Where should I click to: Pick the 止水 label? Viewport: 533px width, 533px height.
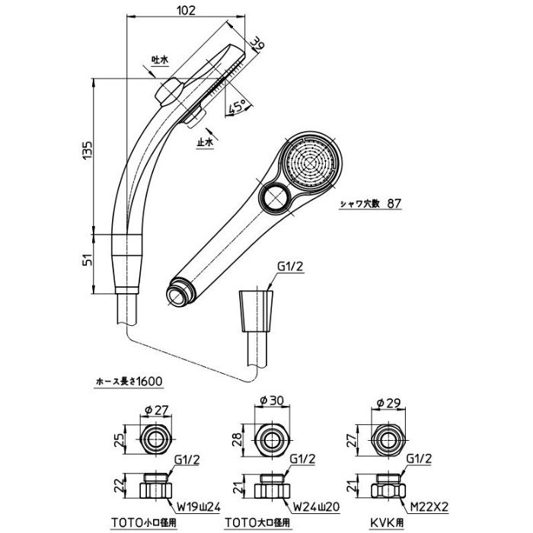coord(205,142)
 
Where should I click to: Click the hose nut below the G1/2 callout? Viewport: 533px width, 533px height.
coord(257,313)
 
